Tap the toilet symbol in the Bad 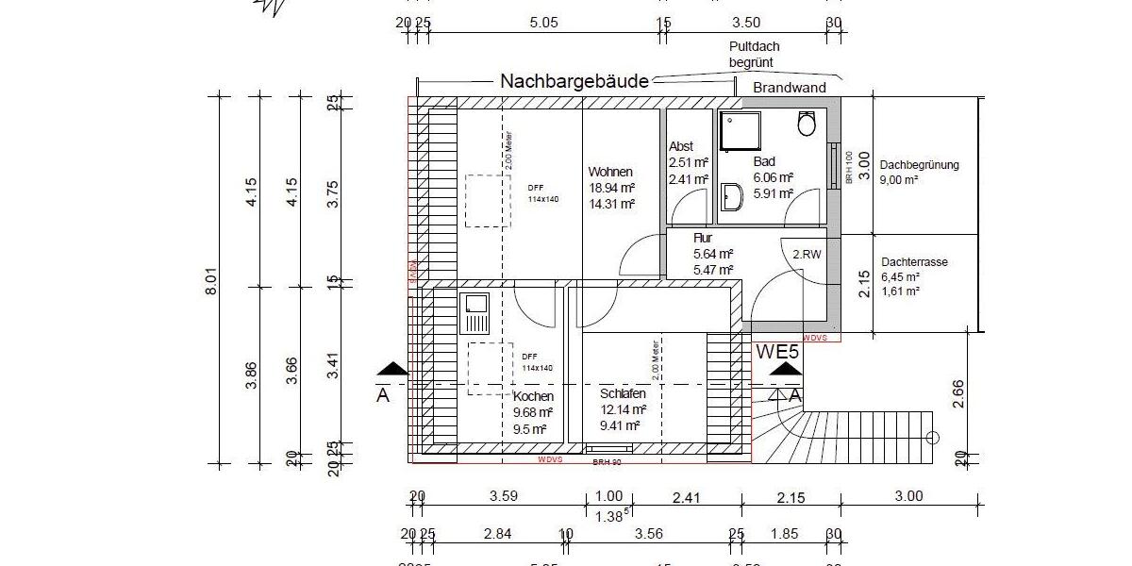[x=807, y=124]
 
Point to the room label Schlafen [x=623, y=393]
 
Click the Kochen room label [x=533, y=397]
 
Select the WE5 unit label [x=778, y=352]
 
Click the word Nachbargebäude [x=574, y=82]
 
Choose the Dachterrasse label [x=914, y=262]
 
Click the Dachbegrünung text [x=919, y=165]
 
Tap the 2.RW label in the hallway [x=806, y=254]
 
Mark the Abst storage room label [x=681, y=146]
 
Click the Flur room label [x=704, y=239]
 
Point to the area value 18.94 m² [x=610, y=188]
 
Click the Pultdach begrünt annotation [x=754, y=54]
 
